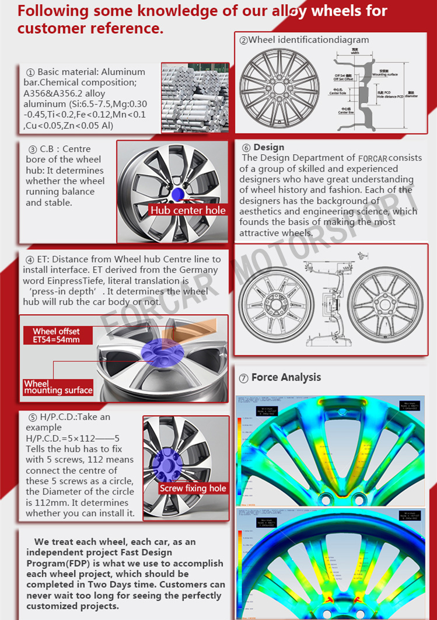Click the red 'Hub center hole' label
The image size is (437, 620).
188,211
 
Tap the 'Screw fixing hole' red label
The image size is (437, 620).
193,488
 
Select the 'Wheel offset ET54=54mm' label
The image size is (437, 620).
56,335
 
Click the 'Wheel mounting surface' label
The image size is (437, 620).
58,387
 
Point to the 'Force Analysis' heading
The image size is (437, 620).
286,378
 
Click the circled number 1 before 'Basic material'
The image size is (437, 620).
30,72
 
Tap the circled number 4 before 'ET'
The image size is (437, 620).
30,259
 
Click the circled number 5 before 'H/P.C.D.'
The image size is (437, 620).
33,417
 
